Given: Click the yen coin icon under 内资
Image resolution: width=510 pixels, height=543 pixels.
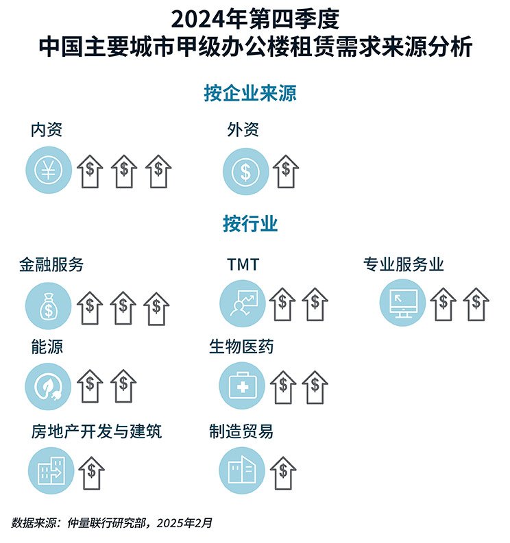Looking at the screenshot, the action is [x=49, y=170].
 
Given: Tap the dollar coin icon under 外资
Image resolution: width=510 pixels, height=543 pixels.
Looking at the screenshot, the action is [x=245, y=171].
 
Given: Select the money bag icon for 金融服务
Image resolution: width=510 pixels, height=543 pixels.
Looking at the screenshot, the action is [x=48, y=306].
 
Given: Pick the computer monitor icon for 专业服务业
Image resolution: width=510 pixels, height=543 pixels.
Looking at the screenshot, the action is [x=402, y=303].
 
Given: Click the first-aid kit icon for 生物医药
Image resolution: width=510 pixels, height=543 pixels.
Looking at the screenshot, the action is [x=243, y=386].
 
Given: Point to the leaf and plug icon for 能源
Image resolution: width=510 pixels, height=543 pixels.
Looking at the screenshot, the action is [x=48, y=386].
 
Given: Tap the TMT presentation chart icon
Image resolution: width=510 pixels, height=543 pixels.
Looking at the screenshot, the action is [x=243, y=303].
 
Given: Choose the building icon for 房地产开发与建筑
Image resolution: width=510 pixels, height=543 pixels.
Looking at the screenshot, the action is [x=51, y=470].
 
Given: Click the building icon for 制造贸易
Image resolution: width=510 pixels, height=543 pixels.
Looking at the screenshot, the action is [x=243, y=470].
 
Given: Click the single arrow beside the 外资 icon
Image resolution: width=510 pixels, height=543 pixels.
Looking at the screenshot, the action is [x=286, y=171].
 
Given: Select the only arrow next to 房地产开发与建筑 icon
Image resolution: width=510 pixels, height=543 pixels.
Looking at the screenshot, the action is [x=92, y=473].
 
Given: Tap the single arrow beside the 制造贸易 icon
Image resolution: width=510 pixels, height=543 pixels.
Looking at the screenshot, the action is [x=283, y=473].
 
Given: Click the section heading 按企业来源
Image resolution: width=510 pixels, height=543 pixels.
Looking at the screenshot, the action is [x=250, y=93].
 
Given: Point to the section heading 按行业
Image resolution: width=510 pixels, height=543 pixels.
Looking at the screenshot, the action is [x=250, y=224].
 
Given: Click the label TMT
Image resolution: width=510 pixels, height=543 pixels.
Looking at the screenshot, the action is [x=243, y=264].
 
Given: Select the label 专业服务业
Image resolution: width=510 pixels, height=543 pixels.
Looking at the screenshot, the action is [x=403, y=264].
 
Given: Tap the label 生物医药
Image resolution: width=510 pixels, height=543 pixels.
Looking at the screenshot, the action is [x=241, y=346].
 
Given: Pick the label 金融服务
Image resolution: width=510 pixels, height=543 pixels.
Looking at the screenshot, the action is [x=51, y=265].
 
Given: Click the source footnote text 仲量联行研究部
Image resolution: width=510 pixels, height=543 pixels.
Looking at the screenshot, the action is [x=106, y=523].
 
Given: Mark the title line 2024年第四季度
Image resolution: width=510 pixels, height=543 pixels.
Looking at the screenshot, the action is [x=255, y=19].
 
